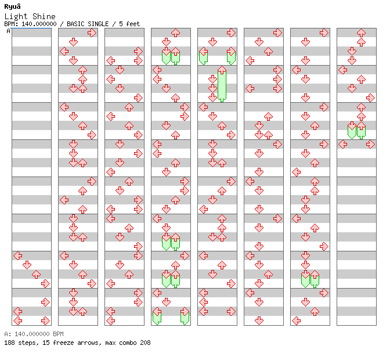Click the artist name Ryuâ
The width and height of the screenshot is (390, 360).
[12, 6]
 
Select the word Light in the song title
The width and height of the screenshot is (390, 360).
[15, 16]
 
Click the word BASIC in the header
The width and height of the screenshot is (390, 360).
[77, 24]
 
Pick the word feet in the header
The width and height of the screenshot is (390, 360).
[133, 24]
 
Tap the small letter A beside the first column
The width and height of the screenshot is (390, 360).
[8, 31]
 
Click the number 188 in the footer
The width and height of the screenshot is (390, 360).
[9, 343]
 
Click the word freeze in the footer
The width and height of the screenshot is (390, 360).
[62, 343]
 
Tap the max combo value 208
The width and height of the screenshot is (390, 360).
[145, 343]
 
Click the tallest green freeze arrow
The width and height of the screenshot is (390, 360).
[222, 85]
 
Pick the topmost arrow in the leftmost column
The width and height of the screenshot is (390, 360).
[17, 255]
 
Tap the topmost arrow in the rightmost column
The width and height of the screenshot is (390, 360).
[361, 33]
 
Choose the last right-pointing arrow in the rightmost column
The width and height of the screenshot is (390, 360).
[370, 144]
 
